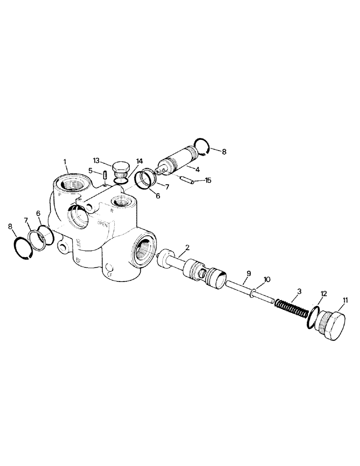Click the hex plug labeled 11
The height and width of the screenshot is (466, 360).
[x=332, y=328]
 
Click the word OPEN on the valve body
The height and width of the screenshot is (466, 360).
[x=103, y=223]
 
